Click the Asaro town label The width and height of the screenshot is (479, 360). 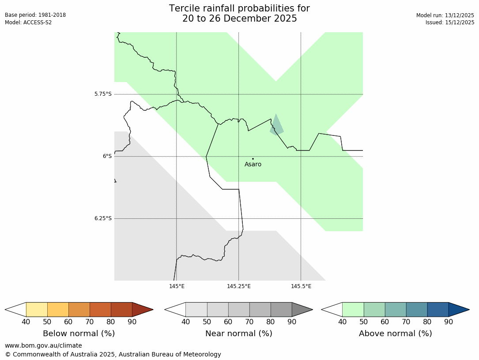click(x=253, y=165)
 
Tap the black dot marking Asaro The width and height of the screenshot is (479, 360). click(x=253, y=159)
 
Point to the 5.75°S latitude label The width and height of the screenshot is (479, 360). click(x=103, y=94)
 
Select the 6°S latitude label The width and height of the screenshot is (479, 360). click(x=107, y=156)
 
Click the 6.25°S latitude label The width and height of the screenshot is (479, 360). click(x=103, y=218)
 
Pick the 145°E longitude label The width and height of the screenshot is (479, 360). click(x=177, y=286)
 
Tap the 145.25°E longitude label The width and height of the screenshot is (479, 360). click(x=239, y=286)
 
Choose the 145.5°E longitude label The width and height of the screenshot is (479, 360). click(x=301, y=286)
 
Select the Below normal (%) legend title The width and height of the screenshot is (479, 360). click(x=79, y=334)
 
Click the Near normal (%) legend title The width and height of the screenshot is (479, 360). click(x=238, y=334)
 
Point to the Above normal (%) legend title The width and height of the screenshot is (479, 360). click(x=395, y=334)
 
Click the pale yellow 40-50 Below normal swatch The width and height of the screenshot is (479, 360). click(x=37, y=310)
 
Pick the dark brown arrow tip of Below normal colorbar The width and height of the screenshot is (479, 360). click(x=142, y=310)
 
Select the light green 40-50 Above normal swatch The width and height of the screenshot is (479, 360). click(x=353, y=310)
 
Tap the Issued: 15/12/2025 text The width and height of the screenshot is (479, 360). click(x=449, y=22)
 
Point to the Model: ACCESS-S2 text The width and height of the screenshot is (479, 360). click(x=28, y=22)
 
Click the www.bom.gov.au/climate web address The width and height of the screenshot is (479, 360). click(x=43, y=345)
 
